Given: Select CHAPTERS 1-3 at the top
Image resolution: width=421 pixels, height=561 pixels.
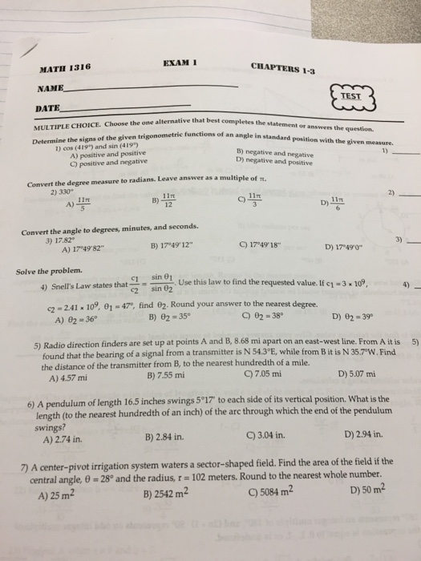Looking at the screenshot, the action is pos(283,68).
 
